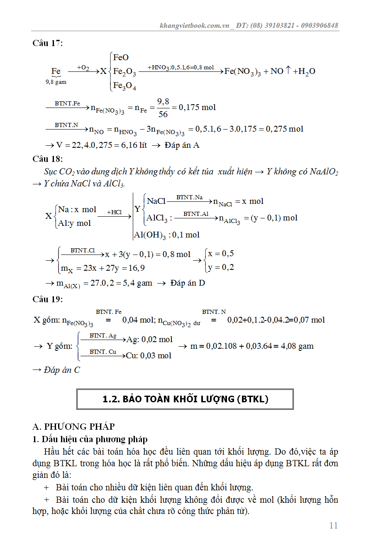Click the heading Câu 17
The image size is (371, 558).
[x=48, y=43]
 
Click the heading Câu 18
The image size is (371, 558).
[x=48, y=159]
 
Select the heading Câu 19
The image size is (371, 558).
[x=48, y=299]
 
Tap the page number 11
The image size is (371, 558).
[x=333, y=526]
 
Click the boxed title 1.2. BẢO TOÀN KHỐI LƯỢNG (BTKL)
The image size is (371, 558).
[x=185, y=399]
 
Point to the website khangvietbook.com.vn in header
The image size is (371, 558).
[x=195, y=25]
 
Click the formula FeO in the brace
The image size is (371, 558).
[x=121, y=57]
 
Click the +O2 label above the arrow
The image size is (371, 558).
[x=83, y=67]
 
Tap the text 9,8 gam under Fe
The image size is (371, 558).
[x=56, y=82]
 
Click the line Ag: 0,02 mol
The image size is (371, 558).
[x=149, y=340]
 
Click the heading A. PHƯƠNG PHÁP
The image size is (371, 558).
[x=73, y=426]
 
